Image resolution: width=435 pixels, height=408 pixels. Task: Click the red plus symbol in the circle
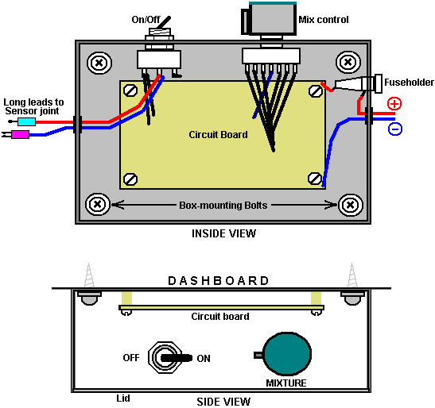394,104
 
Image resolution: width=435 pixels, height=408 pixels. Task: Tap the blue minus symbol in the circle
395,129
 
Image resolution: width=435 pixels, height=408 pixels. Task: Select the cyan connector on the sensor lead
26,121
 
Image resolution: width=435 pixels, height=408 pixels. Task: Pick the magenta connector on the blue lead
20,135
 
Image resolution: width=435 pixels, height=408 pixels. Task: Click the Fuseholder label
409,83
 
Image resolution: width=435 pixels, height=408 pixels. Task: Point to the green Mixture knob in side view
287,354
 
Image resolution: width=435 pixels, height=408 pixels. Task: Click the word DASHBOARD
219,280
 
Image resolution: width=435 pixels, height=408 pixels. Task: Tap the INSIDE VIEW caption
223,233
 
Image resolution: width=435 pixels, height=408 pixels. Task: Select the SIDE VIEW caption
223,402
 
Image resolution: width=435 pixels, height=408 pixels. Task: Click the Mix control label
324,20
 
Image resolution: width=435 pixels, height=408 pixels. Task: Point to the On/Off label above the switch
146,20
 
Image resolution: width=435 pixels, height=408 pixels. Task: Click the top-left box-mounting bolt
99,63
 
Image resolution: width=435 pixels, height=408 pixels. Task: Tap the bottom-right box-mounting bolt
351,205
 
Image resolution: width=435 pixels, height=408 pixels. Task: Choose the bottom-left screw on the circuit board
130,179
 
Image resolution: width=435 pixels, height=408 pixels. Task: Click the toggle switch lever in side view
177,357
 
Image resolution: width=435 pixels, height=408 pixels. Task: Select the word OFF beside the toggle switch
131,357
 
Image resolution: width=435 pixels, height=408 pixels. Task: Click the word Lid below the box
123,398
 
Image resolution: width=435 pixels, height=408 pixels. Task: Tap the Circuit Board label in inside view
218,135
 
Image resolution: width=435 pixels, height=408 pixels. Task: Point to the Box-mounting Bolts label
223,206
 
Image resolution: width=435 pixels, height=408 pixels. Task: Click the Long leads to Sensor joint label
33,106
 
